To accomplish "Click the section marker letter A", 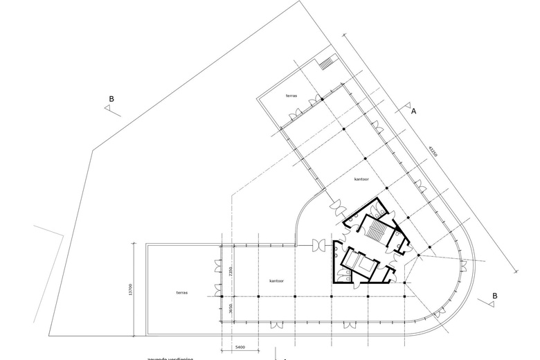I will point(414,111).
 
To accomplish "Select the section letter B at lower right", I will point(494,296).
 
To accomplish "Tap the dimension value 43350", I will point(433,152).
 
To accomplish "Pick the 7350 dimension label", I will point(233,271).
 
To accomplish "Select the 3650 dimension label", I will point(233,309).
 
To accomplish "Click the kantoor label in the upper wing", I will point(361,179).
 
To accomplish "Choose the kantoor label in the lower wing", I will point(277,281).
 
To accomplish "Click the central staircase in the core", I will point(377,231).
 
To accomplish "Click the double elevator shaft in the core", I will point(361,262).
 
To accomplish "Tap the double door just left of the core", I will point(321,246).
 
